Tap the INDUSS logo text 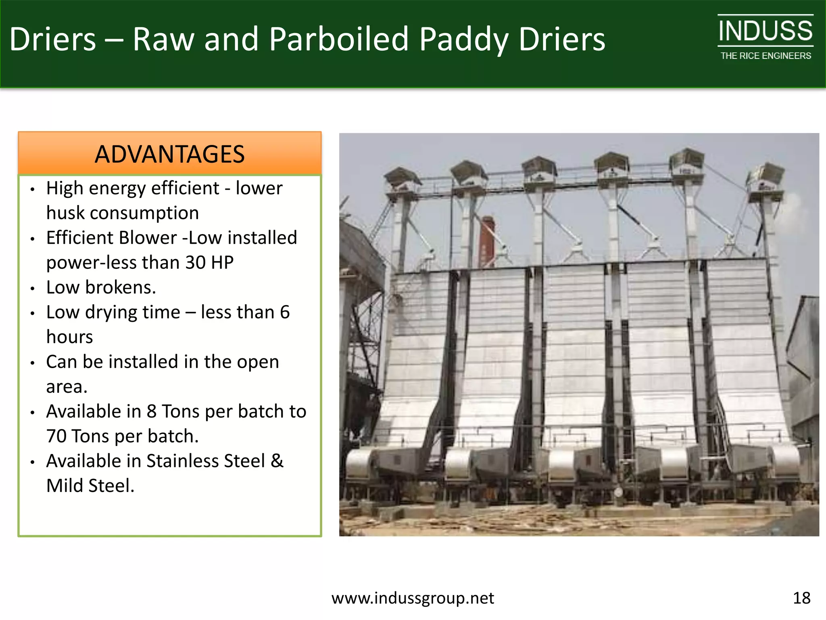[765, 31]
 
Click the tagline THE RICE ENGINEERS [766, 56]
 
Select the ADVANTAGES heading [169, 154]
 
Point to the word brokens [120, 287]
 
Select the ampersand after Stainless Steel [277, 461]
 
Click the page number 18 [801, 598]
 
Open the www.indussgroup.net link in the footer [412, 598]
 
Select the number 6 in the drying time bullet [285, 312]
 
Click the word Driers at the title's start [53, 39]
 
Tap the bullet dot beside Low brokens [33, 288]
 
